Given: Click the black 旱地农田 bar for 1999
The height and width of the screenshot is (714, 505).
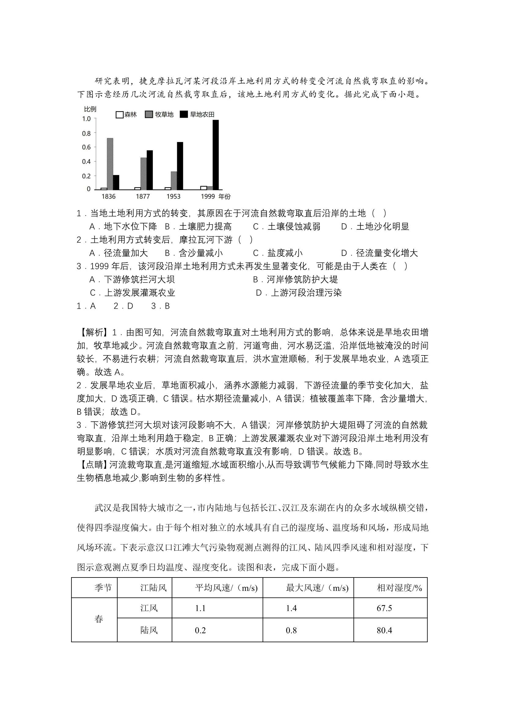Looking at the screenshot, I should click(216, 155).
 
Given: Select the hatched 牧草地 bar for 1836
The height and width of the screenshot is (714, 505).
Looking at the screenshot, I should click(110, 164).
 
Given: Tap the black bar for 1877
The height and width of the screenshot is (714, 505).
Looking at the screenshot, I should click(150, 170).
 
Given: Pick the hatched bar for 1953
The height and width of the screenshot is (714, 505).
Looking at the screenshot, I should click(174, 180).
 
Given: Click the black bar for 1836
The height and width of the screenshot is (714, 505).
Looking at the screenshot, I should click(116, 182).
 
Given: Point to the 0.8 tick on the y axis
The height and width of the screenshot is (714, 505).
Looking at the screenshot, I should click(86, 133).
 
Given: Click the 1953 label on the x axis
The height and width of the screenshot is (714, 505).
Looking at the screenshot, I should click(173, 197).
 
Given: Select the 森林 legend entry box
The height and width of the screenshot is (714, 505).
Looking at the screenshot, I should click(119, 115).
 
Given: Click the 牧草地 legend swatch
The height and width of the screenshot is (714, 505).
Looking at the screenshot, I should click(149, 115).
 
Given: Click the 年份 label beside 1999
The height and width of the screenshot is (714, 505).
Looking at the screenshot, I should click(225, 197).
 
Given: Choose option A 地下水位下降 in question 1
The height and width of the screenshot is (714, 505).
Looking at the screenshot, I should click(123, 226).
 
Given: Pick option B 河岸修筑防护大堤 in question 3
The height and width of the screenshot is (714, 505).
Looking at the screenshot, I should click(295, 279).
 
